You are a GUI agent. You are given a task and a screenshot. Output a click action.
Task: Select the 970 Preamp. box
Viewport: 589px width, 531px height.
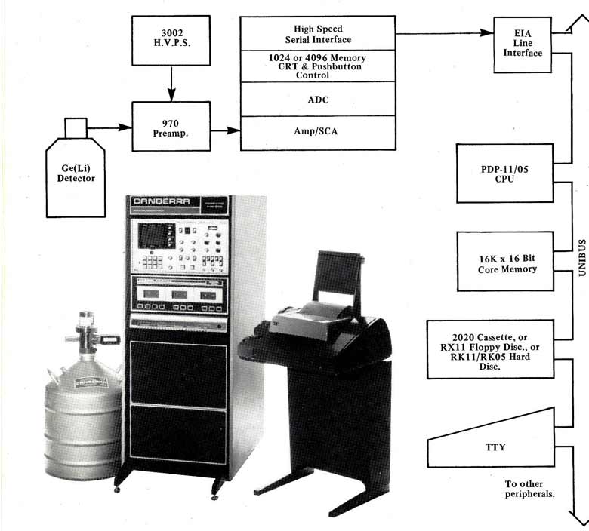click(x=171, y=126)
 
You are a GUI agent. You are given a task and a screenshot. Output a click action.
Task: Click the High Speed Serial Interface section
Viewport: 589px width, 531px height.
click(x=318, y=34)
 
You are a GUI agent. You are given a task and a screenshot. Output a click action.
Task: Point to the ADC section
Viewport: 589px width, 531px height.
click(x=318, y=98)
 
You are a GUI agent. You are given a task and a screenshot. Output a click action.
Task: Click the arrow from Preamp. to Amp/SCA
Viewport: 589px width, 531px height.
click(x=225, y=131)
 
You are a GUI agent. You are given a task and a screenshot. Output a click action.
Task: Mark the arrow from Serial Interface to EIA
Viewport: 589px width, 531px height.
click(x=442, y=33)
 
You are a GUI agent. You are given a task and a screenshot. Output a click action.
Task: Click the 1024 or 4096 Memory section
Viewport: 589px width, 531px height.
click(x=318, y=66)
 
